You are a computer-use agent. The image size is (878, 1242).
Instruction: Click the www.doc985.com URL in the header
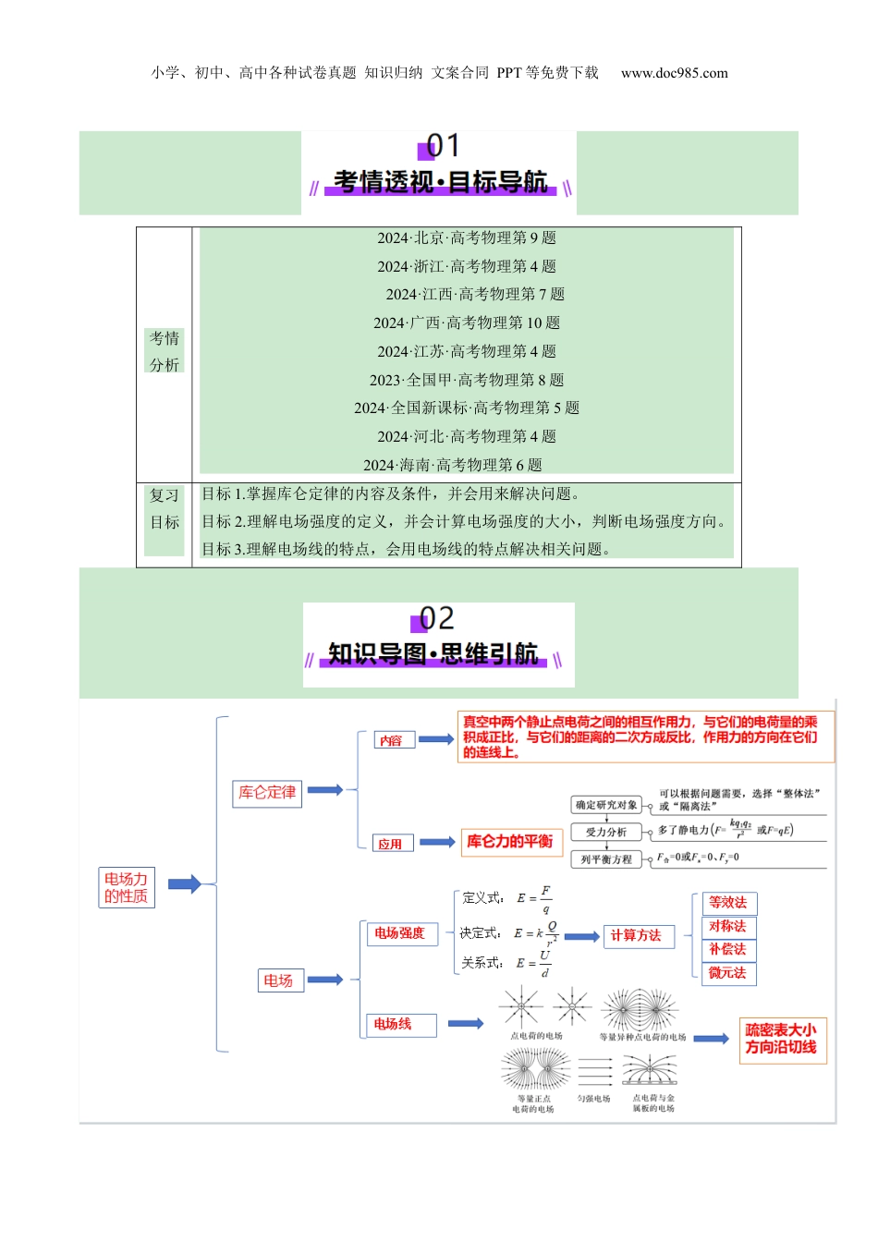[x=674, y=73]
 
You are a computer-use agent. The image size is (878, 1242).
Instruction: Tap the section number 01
[x=442, y=146]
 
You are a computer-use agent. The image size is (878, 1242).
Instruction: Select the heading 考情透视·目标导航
[x=440, y=182]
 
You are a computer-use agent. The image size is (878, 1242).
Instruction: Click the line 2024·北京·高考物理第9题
[x=467, y=238]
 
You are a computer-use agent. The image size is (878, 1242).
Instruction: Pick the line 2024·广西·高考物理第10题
[x=467, y=323]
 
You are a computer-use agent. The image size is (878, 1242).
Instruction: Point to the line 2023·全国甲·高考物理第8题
[x=467, y=380]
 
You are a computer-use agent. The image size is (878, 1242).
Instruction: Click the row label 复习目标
[x=165, y=509]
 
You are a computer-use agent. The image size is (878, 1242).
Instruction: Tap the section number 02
[x=436, y=618]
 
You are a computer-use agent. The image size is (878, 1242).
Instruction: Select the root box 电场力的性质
[x=127, y=888]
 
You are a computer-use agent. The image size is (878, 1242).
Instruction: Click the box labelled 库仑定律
[x=267, y=793]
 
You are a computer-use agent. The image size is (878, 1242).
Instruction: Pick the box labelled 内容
[x=391, y=740]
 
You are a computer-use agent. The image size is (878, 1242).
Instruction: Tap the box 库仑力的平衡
[x=510, y=842]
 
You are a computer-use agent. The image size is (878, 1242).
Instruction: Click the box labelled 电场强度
[x=399, y=933]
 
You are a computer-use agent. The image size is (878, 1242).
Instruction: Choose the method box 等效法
[x=727, y=903]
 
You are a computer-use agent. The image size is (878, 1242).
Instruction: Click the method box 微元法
[x=727, y=973]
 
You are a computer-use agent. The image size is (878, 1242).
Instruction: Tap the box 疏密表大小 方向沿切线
[x=781, y=1040]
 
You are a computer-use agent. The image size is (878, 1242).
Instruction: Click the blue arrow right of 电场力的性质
[x=184, y=884]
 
